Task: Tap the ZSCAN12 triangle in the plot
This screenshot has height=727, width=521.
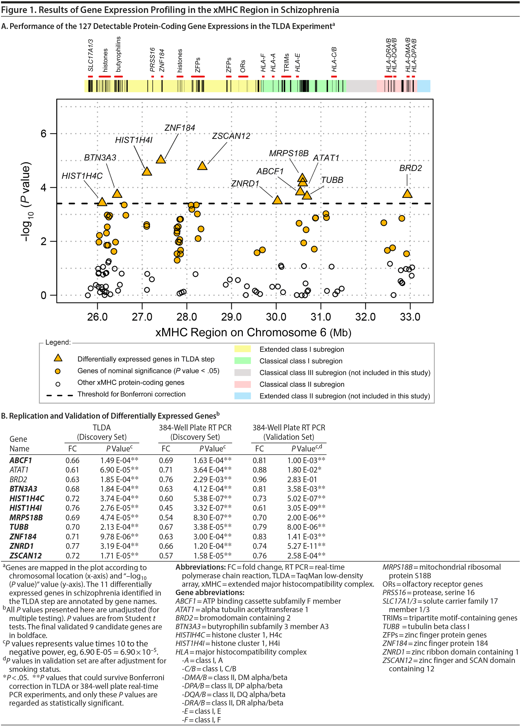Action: pyautogui.click(x=202, y=166)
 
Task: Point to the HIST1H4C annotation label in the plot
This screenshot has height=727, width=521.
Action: pyautogui.click(x=82, y=176)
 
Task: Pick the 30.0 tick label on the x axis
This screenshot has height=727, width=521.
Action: pyautogui.click(x=276, y=317)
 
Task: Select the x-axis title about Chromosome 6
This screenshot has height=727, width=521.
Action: pyautogui.click(x=253, y=332)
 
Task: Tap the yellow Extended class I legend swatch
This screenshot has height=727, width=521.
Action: pyautogui.click(x=243, y=349)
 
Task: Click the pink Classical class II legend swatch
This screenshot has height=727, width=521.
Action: pyautogui.click(x=243, y=384)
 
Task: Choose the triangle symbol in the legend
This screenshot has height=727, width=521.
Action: pyautogui.click(x=58, y=358)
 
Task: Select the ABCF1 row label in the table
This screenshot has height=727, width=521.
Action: pyautogui.click(x=21, y=460)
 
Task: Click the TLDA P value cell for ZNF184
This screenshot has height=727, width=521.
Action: pyautogui.click(x=119, y=537)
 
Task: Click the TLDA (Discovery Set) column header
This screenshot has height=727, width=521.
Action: pyautogui.click(x=102, y=432)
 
